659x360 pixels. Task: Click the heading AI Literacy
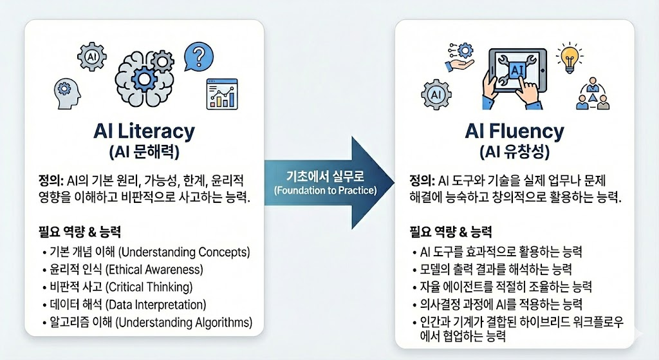[x=144, y=131]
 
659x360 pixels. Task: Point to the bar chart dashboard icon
[x=221, y=93]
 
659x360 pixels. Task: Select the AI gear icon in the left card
[x=90, y=56]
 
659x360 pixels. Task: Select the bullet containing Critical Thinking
[x=120, y=287]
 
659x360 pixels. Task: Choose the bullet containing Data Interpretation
[x=127, y=304]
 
